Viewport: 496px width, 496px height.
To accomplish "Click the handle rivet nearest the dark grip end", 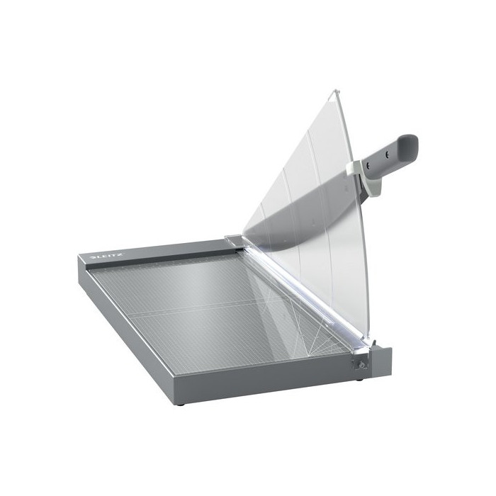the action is point(387,154).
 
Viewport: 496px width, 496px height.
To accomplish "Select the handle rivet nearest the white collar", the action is point(368,165).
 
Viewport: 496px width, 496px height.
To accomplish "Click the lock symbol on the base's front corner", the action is point(361,366).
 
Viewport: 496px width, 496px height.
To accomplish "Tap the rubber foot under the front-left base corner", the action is point(181,405).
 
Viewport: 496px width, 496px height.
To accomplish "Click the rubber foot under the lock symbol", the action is point(359,379).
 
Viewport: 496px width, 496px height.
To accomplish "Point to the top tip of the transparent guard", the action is point(337,91).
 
